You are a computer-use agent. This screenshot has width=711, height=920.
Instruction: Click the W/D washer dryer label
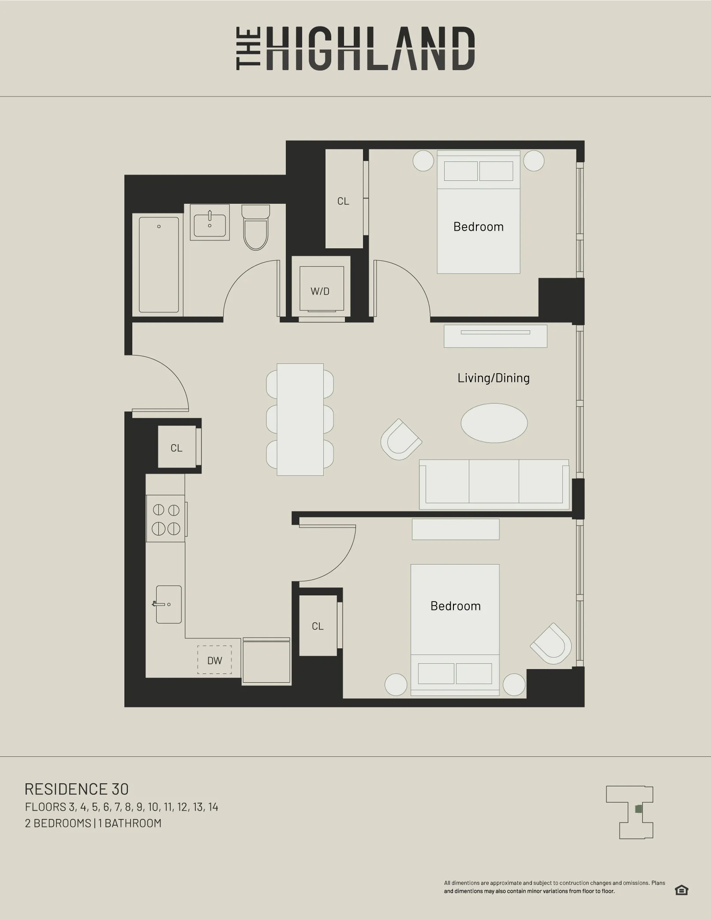click(320, 291)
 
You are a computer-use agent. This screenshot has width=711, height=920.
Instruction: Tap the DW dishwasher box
click(214, 660)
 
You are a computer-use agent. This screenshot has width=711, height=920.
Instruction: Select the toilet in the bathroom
click(256, 228)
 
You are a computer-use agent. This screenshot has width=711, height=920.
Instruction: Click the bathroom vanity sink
click(210, 225)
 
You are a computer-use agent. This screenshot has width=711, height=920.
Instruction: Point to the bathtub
click(159, 265)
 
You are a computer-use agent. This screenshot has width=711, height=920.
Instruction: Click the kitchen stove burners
click(166, 519)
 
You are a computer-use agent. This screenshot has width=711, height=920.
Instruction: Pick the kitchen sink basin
click(168, 604)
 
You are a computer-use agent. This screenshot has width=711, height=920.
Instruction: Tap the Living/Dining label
click(494, 378)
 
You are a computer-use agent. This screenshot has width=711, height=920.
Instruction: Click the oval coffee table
click(494, 423)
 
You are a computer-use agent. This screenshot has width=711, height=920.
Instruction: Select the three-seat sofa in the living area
click(494, 483)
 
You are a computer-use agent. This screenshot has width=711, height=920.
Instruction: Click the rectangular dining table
click(300, 419)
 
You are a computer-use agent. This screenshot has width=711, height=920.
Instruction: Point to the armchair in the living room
click(400, 440)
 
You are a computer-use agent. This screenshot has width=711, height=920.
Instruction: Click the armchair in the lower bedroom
click(551, 644)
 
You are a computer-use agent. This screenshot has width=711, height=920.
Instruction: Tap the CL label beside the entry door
click(176, 448)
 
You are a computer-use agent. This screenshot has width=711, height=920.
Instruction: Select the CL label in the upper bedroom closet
click(343, 201)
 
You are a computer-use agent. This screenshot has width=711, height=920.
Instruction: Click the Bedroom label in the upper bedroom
click(478, 227)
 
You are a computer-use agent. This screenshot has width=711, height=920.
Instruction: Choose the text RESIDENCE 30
click(77, 789)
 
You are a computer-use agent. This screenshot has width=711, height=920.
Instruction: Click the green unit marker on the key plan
click(638, 809)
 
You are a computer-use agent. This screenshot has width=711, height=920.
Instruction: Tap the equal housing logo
click(681, 890)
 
